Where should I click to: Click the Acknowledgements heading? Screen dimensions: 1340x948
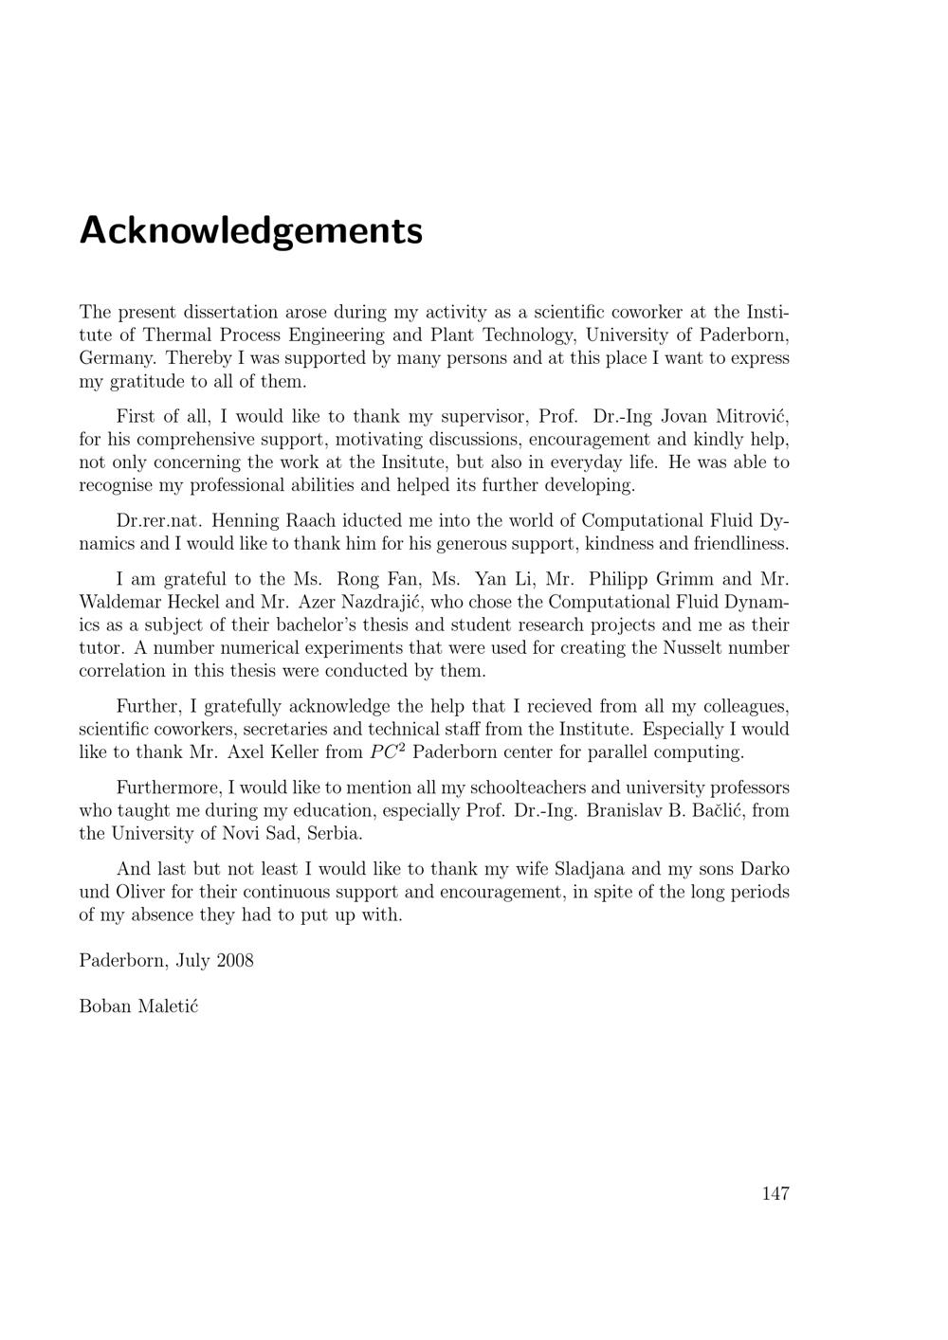250,231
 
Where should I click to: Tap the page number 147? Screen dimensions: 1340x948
775,1193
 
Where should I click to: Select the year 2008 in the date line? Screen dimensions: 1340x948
234,960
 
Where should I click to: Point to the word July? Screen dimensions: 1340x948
193,960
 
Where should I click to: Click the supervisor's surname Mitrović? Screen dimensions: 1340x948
752,416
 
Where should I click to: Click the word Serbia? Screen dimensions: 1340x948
335,834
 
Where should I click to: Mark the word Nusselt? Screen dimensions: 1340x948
696,648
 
